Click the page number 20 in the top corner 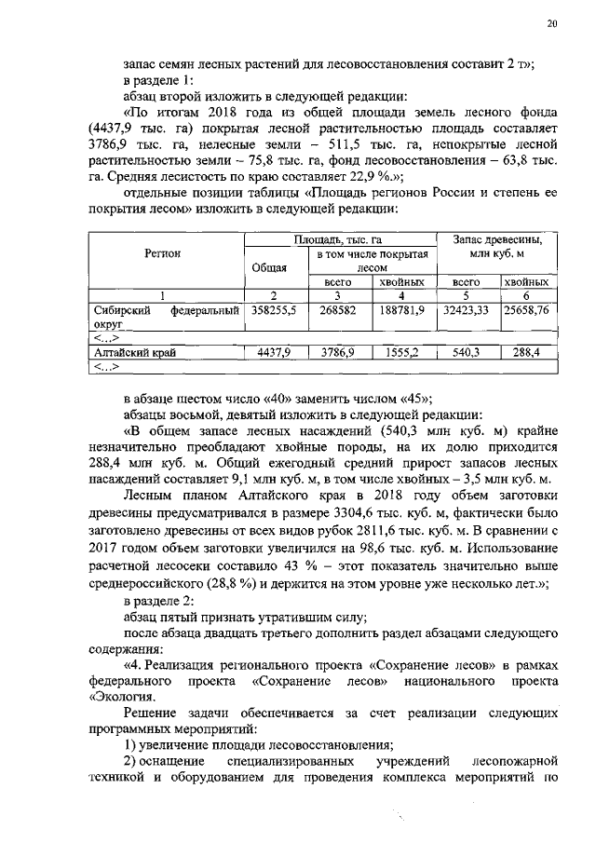(x=550, y=25)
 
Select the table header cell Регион (x=162, y=253)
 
